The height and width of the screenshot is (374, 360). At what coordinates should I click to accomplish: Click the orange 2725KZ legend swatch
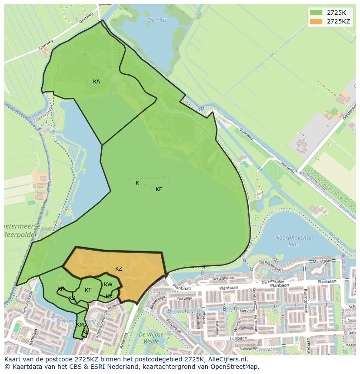pyautogui.click(x=316, y=21)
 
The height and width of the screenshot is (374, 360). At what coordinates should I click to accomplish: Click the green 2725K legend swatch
pyautogui.click(x=316, y=12)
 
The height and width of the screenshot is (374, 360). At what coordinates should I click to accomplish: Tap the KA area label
pyautogui.click(x=97, y=82)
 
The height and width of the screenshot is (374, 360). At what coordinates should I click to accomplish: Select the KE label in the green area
pyautogui.click(x=159, y=189)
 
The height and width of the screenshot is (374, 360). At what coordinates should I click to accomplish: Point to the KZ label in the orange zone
pyautogui.click(x=119, y=269)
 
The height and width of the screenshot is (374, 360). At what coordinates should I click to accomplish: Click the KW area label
pyautogui.click(x=108, y=285)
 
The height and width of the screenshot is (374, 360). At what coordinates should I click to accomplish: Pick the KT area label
pyautogui.click(x=88, y=290)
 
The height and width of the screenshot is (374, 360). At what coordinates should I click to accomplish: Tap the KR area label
pyautogui.click(x=61, y=289)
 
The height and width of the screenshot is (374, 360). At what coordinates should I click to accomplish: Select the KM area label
pyautogui.click(x=80, y=325)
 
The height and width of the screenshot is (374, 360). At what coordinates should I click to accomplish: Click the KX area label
pyautogui.click(x=109, y=297)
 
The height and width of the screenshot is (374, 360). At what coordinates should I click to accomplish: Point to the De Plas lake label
pyautogui.click(x=157, y=20)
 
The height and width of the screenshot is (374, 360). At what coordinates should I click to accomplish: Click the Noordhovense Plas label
pyautogui.click(x=293, y=241)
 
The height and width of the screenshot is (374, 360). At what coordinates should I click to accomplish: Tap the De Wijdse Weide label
pyautogui.click(x=151, y=338)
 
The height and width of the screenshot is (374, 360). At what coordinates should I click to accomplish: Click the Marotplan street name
pyautogui.click(x=322, y=262)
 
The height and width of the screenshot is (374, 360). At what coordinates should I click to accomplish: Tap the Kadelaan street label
pyautogui.click(x=31, y=338)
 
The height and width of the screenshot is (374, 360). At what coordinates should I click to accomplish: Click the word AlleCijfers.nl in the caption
pyautogui.click(x=226, y=359)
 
